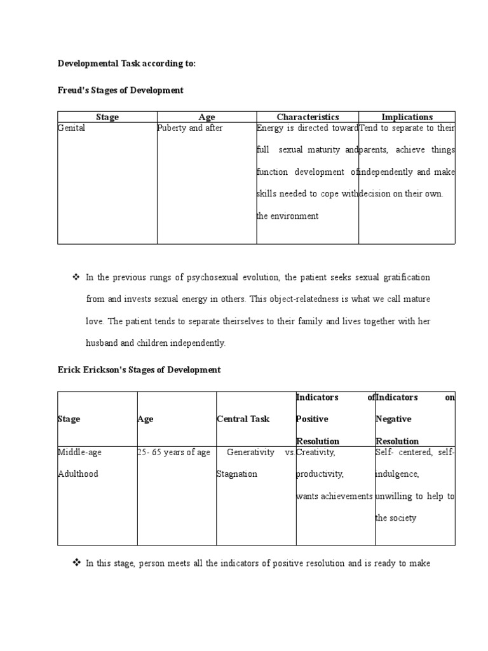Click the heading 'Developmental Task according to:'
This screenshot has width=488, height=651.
pos(127,64)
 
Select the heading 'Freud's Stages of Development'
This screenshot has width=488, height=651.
pos(121,90)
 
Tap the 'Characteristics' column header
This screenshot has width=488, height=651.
pos(308,117)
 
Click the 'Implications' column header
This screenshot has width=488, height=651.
pos(407,117)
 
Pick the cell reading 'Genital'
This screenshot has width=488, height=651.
pos(71,128)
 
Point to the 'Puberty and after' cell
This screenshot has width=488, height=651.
pos(190,128)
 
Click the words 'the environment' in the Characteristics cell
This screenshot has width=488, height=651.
pos(287,216)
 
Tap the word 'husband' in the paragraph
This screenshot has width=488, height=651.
pos(102,343)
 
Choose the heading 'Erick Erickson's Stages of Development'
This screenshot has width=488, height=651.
pos(139,370)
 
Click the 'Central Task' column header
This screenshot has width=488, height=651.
pos(243,419)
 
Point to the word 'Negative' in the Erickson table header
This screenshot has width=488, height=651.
pos(393,419)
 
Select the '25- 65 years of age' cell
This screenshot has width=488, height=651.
pos(173,453)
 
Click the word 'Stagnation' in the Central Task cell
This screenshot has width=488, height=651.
pos(236,474)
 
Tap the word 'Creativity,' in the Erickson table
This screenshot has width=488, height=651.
pos(315,453)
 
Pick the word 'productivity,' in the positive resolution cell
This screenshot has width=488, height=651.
pos(320,474)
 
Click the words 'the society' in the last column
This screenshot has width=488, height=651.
pos(396,518)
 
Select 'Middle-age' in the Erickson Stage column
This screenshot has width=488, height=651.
pos(79,453)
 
